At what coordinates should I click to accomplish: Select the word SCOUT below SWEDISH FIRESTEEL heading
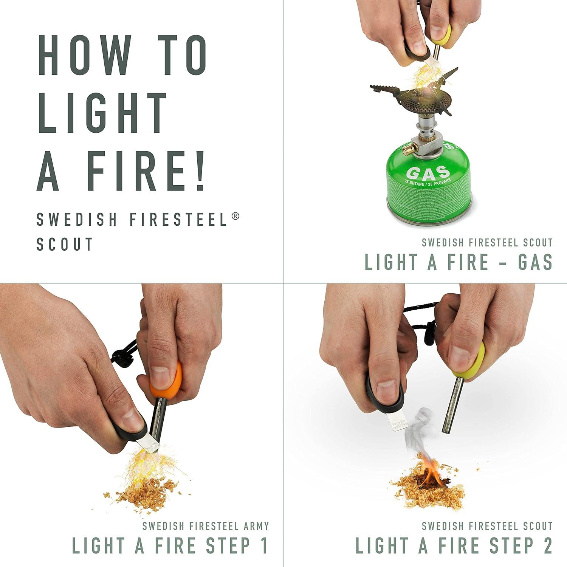[x=64, y=244]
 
